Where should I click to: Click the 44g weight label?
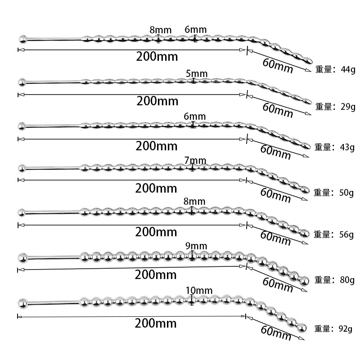click(x=348, y=69)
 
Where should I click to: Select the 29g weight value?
click(x=348, y=107)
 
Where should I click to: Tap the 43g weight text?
click(x=347, y=147)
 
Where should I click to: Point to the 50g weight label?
click(x=346, y=193)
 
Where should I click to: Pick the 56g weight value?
click(x=346, y=234)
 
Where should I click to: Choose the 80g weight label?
click(x=347, y=280)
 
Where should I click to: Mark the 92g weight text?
click(x=345, y=329)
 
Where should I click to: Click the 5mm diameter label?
click(x=197, y=74)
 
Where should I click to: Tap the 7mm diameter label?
click(x=195, y=161)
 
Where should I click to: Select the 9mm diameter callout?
click(x=196, y=246)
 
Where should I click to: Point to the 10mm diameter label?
click(x=199, y=290)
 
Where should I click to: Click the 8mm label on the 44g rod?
click(x=161, y=30)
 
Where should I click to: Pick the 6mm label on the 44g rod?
click(x=196, y=30)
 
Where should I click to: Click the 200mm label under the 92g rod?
click(x=156, y=323)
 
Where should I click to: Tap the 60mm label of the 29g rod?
click(x=278, y=110)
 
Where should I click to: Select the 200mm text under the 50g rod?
click(x=156, y=188)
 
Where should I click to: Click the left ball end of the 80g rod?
click(x=23, y=257)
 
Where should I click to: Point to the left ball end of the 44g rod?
click(x=23, y=39)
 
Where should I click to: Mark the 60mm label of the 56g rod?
click(x=275, y=238)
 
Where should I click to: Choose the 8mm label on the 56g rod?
click(x=194, y=201)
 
